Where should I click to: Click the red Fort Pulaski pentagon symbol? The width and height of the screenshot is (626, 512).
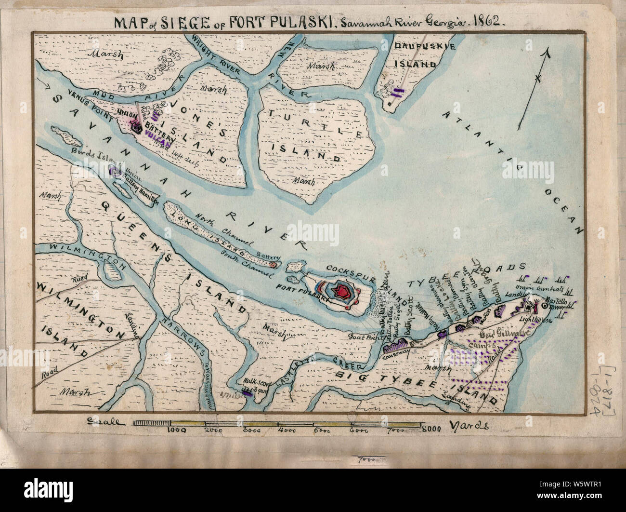click(343, 291)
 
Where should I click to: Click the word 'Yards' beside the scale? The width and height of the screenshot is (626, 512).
click(470, 426)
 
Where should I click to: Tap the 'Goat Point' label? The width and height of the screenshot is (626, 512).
click(362, 338)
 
